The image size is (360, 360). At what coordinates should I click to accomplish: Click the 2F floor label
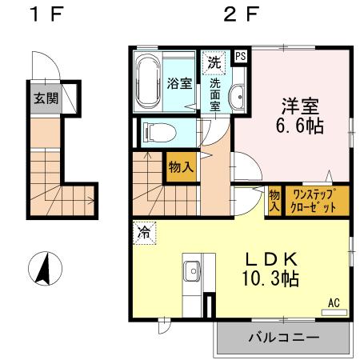[x=241, y=15]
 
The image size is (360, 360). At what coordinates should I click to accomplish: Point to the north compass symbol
[x=45, y=268]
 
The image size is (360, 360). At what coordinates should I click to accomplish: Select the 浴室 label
[x=178, y=83]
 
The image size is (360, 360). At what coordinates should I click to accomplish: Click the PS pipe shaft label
[x=240, y=56]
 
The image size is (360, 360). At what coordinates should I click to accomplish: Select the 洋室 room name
[x=300, y=106]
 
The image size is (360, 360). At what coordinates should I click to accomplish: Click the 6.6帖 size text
[x=301, y=126]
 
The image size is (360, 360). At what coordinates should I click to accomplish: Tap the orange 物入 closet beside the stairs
[x=181, y=167]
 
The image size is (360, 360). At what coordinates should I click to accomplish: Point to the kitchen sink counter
[x=193, y=274]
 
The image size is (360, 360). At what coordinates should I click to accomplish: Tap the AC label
[x=334, y=302]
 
